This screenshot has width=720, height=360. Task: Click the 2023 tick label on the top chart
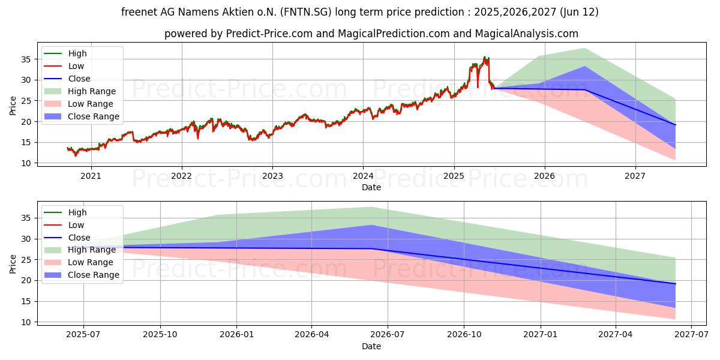(x=272, y=176)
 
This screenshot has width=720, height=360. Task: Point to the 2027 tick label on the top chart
(x=635, y=176)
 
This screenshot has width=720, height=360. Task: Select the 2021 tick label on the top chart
(x=91, y=176)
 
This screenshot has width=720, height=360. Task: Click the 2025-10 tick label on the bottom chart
(x=160, y=335)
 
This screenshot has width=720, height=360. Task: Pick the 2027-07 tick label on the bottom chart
(x=692, y=335)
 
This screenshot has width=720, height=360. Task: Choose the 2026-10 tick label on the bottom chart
(x=464, y=335)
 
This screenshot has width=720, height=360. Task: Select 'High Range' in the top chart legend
(x=92, y=91)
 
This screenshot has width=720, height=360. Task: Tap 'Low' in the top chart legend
(x=76, y=66)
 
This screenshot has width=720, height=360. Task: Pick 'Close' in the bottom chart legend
(x=79, y=238)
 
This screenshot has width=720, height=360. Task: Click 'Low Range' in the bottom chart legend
(x=91, y=262)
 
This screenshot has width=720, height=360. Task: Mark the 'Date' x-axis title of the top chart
(x=371, y=187)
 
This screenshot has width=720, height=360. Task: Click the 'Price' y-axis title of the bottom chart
(x=13, y=263)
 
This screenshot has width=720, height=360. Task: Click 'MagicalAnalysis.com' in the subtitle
(x=527, y=34)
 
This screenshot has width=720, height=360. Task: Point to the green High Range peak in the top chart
(x=584, y=49)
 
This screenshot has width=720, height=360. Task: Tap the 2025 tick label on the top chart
(x=454, y=176)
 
